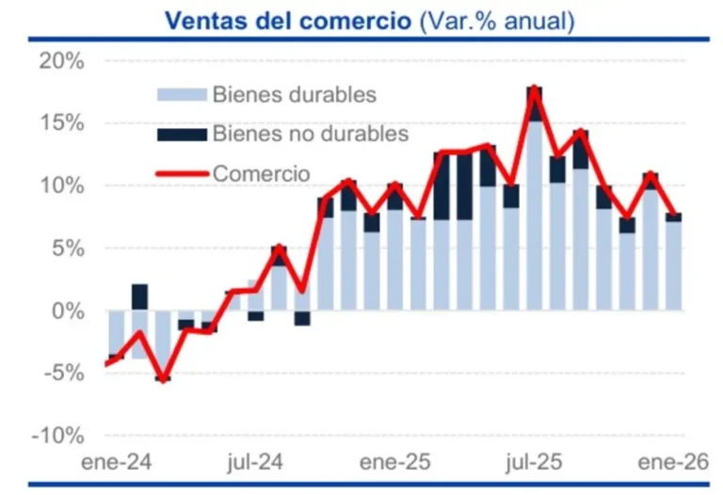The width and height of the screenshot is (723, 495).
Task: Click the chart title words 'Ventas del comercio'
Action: (x=289, y=21)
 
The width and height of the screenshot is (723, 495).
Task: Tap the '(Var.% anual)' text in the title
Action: (x=496, y=21)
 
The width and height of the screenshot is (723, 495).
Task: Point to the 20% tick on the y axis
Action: (x=62, y=61)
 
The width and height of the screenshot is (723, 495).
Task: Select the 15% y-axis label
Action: (x=62, y=123)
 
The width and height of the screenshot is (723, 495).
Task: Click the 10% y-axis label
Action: (x=62, y=185)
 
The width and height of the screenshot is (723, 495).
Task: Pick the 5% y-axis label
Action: (x=68, y=248)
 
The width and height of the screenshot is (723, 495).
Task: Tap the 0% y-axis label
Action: (x=68, y=311)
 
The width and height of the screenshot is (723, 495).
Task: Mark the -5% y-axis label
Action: (x=65, y=374)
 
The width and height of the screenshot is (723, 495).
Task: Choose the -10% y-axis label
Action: (x=59, y=436)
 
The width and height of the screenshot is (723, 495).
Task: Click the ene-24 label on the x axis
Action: (x=106, y=463)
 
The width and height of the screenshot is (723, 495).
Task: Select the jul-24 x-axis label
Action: (x=253, y=463)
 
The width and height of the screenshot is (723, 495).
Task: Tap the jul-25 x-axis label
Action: (x=536, y=463)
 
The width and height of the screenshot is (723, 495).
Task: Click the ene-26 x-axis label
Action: (x=674, y=463)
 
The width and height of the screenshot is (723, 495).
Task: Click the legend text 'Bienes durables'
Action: (x=295, y=95)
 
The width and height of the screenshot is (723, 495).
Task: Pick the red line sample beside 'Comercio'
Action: (x=181, y=173)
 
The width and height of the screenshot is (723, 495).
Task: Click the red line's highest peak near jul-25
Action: (x=535, y=88)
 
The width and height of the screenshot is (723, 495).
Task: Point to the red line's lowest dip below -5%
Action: (x=162, y=379)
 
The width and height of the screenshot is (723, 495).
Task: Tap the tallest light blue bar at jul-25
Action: (x=535, y=216)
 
